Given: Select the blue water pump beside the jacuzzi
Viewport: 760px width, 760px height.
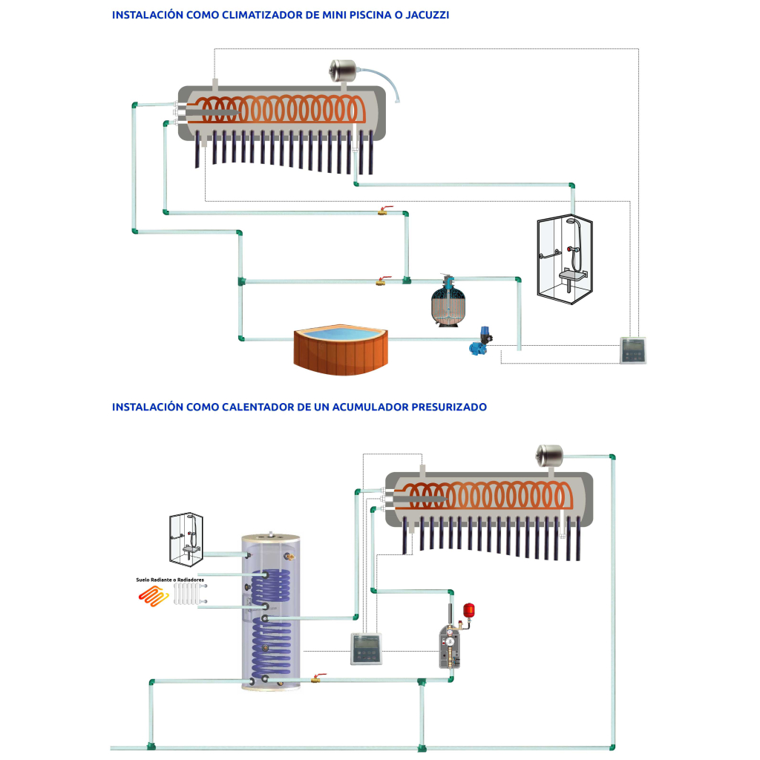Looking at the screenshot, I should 476,341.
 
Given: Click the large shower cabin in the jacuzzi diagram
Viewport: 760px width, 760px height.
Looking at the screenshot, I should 564,256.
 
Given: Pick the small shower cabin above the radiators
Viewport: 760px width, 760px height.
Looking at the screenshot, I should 186,533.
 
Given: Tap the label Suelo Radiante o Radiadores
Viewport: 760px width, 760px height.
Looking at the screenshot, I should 170,579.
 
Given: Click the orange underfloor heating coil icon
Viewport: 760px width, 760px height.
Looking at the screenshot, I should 153,595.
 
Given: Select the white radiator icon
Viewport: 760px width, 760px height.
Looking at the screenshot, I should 187,594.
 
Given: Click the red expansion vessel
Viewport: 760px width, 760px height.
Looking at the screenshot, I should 468,610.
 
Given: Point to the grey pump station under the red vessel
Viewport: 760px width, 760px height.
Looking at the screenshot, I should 452,646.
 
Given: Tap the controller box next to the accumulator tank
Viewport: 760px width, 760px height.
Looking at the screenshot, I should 367,648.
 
